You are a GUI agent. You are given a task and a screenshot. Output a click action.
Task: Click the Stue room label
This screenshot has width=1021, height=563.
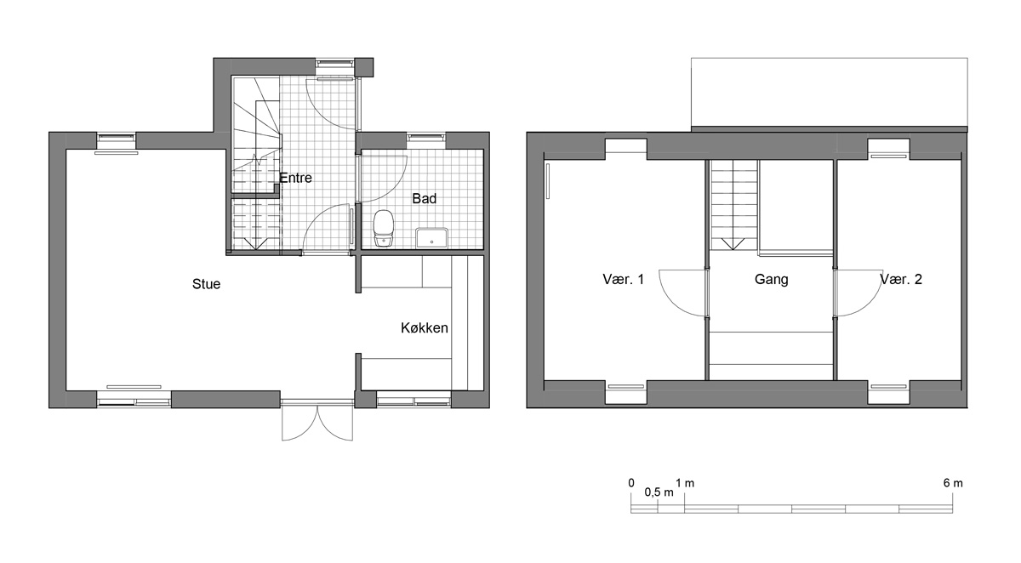206,284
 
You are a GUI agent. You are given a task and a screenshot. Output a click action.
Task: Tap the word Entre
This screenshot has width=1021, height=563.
295,178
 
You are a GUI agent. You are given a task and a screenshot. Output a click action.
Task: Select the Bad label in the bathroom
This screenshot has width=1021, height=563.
425,199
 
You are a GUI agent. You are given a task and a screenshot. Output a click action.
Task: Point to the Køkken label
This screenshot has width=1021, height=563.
425,328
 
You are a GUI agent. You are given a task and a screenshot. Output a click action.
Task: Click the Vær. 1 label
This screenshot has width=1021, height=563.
623,279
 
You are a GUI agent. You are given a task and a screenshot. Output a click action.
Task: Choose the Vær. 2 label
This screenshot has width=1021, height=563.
901,279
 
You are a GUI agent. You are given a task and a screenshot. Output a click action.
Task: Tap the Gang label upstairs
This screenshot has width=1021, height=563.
771,279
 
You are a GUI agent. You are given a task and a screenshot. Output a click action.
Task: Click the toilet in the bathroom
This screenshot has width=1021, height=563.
384,229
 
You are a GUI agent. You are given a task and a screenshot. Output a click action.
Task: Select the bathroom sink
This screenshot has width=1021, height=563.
431,238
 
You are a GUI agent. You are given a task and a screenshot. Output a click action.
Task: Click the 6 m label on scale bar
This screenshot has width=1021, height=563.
953,483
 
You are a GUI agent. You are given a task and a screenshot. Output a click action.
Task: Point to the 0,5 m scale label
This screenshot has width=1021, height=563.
659,492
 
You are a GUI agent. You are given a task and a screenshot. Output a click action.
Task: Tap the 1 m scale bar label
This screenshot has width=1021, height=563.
685,483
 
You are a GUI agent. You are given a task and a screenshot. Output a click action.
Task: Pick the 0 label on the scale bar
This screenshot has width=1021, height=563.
631,483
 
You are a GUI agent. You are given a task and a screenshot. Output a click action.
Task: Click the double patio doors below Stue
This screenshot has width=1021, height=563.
317,421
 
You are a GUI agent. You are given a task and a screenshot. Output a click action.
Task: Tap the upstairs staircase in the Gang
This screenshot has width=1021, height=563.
733,205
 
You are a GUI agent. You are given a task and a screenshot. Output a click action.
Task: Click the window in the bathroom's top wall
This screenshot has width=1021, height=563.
425,139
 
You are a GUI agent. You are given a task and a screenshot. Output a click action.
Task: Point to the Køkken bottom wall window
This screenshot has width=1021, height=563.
414,401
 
